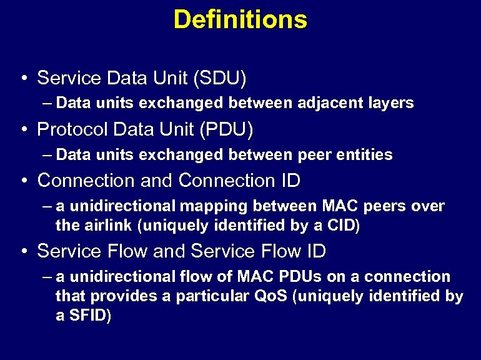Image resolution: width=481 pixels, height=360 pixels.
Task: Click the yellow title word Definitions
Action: pyautogui.click(x=240, y=19)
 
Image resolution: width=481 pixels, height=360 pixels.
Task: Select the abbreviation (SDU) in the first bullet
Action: pyautogui.click(x=220, y=78)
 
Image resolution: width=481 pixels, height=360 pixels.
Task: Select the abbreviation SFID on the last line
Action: pyautogui.click(x=91, y=316)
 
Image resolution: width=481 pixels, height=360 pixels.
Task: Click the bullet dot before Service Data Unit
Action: pyautogui.click(x=22, y=79)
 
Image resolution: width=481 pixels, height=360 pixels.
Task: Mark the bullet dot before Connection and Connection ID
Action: pyautogui.click(x=22, y=181)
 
